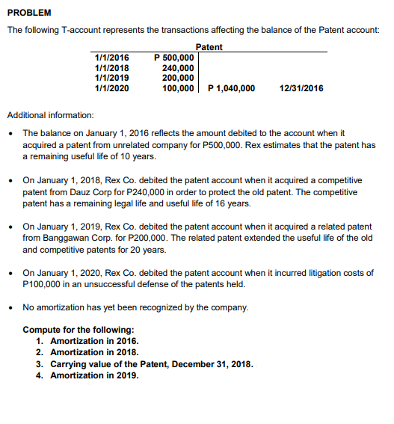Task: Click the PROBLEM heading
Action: point(29,13)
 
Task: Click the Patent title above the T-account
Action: point(209,47)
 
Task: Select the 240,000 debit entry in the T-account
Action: point(178,68)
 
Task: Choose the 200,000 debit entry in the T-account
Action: point(178,78)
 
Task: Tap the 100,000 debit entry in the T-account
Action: point(178,88)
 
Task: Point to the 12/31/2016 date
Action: point(301,88)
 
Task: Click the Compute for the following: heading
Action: point(79,330)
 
